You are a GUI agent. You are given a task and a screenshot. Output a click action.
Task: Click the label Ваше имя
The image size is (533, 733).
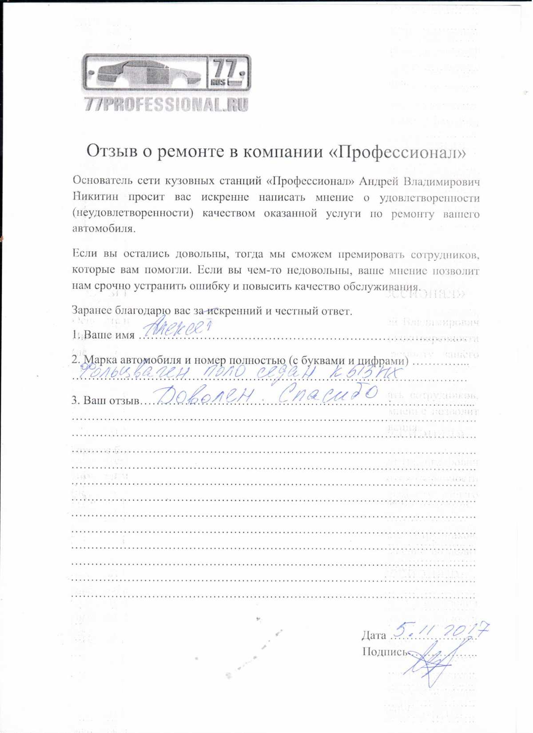click(109, 335)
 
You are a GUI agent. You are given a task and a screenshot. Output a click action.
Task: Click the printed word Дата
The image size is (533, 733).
click(374, 635)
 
